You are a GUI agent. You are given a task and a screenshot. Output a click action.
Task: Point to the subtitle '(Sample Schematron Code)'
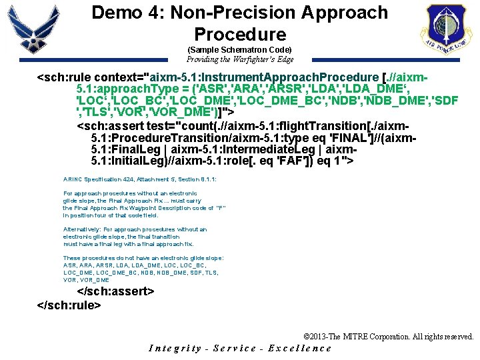point(239,50)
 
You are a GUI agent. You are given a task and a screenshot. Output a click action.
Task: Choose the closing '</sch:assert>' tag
point(116,292)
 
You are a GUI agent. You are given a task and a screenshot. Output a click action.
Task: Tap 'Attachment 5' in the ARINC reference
point(153,180)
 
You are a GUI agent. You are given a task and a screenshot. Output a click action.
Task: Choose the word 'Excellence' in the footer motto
point(299,348)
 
